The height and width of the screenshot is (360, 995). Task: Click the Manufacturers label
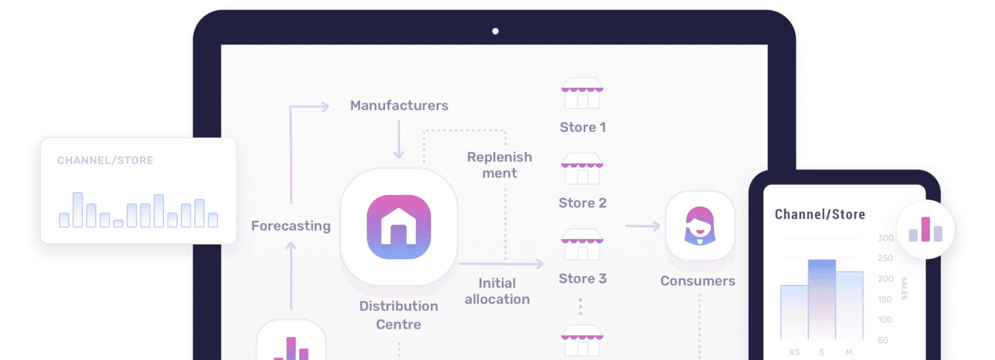[399, 105]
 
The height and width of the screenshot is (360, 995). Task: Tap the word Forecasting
[291, 226]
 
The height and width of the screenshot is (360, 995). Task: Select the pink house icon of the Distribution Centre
[399, 227]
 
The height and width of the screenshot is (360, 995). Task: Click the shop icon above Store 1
[582, 93]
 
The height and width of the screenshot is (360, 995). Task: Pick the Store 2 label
[583, 203]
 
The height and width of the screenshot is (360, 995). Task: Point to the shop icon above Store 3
[582, 244]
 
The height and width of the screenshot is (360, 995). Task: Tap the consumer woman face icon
[700, 226]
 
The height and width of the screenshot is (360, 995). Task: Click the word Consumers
[698, 281]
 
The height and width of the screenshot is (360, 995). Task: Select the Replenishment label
[499, 165]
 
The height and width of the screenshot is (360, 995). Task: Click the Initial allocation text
[497, 291]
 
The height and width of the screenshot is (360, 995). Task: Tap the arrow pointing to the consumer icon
[643, 226]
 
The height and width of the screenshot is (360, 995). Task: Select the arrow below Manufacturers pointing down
[399, 139]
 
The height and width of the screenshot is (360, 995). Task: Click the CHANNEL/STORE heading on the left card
[105, 160]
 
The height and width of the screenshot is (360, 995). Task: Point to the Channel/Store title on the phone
[820, 214]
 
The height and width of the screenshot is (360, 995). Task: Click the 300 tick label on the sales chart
[886, 238]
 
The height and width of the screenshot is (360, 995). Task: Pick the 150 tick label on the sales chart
[885, 299]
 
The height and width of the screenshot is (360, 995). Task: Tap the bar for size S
[822, 299]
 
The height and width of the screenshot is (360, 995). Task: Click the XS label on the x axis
[794, 352]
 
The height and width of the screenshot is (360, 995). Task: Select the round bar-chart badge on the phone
[926, 229]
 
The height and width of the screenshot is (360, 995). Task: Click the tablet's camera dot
[495, 31]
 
